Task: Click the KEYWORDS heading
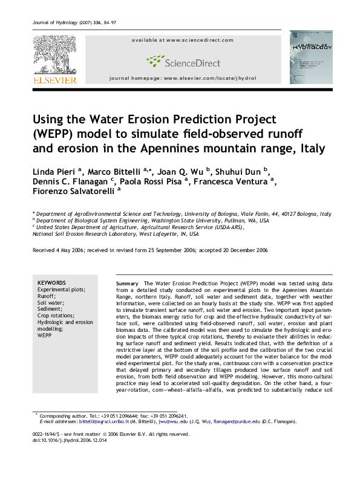pyautogui.click(x=52, y=283)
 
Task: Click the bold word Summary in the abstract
pyautogui.click(x=127, y=284)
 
